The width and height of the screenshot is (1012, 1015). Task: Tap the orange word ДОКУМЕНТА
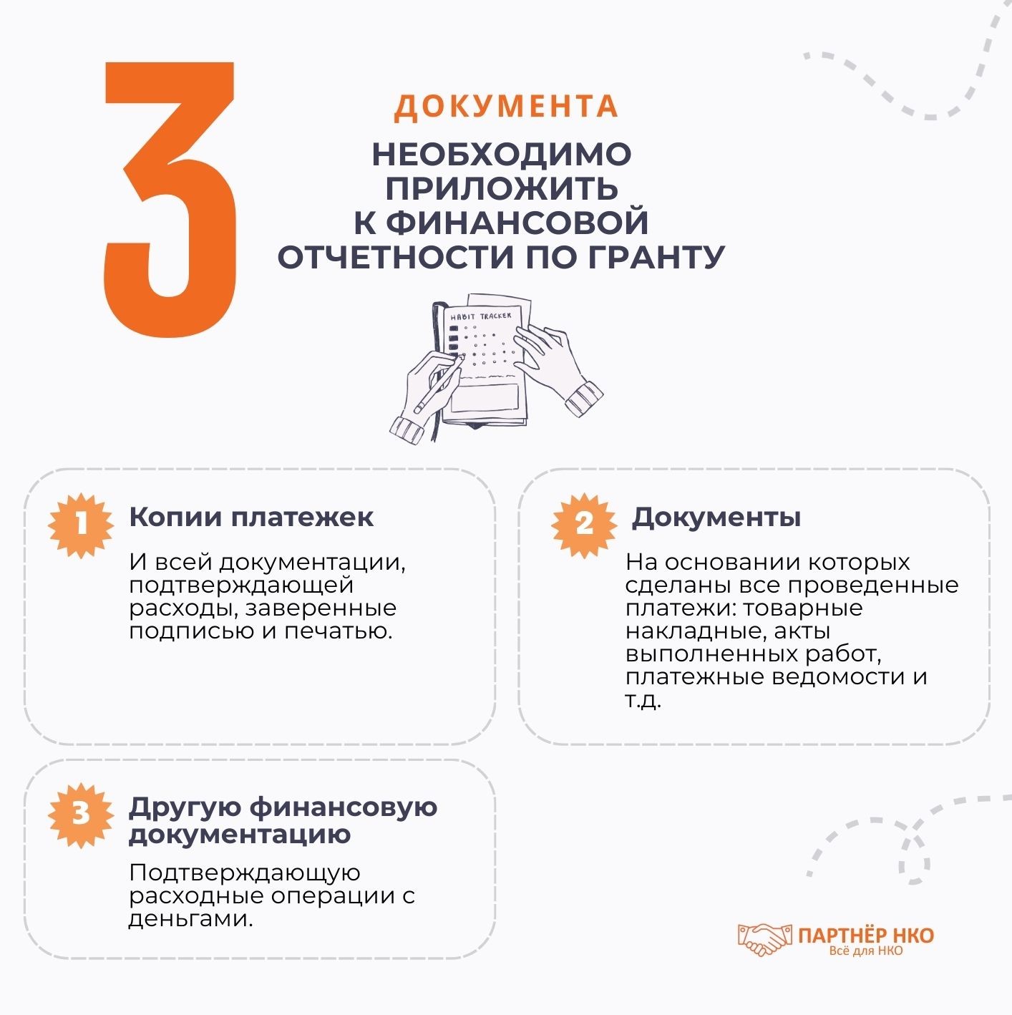(506, 106)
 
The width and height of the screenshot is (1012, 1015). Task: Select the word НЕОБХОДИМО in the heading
(501, 155)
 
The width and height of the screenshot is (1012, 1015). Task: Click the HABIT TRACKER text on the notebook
(481, 316)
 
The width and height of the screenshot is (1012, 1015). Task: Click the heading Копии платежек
(251, 517)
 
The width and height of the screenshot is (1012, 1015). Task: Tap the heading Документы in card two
(716, 517)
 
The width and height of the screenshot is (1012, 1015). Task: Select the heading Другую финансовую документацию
(283, 820)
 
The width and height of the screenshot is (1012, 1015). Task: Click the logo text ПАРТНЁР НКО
(865, 936)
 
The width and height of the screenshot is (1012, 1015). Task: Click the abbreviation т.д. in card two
(643, 700)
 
